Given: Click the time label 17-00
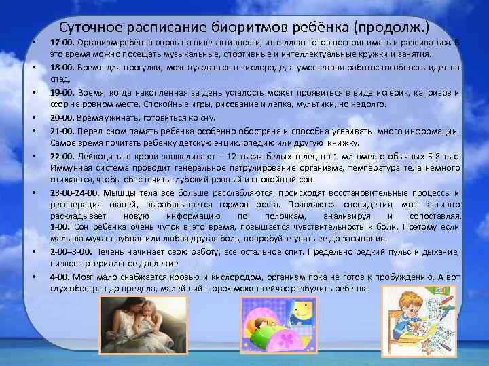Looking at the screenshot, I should [62, 42].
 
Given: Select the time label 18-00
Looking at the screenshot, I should [62, 68].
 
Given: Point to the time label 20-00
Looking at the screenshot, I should [62, 118].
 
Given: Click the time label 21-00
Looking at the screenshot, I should [62, 130].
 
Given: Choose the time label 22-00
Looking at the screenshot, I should [62, 155].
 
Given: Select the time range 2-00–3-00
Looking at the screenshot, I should [71, 252].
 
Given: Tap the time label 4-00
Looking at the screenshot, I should [60, 277].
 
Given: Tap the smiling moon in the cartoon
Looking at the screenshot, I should [299, 314].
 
